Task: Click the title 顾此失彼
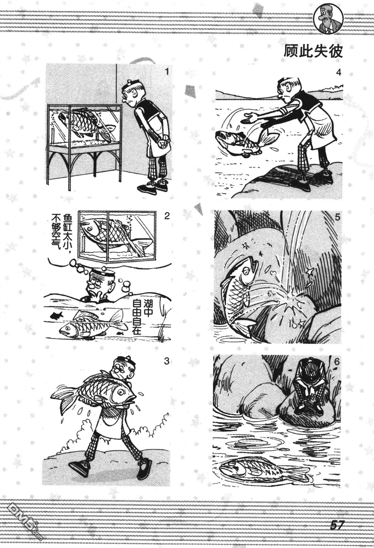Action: tap(313, 51)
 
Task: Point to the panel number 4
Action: tap(338, 72)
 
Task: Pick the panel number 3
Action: tap(167, 361)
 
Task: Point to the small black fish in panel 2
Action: tap(56, 315)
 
